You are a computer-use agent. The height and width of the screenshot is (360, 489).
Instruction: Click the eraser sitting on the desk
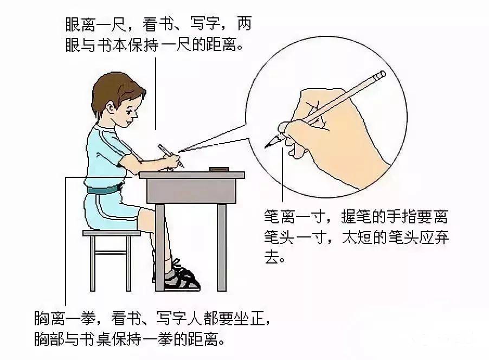(x=218, y=169)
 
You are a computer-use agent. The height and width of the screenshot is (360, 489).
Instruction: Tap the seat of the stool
(x=111, y=233)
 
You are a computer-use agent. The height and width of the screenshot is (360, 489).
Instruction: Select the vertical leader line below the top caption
(x=156, y=92)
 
